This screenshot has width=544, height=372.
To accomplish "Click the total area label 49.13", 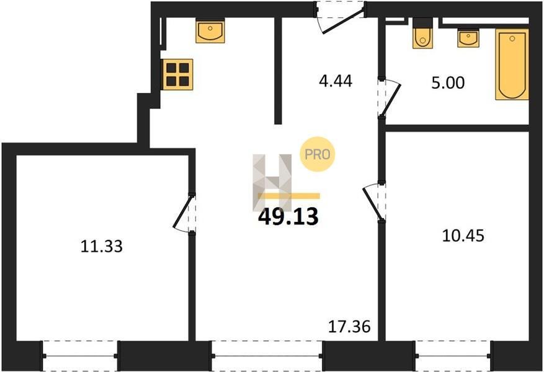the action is pyautogui.click(x=288, y=216).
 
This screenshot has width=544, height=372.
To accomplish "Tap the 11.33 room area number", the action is pyautogui.click(x=102, y=247).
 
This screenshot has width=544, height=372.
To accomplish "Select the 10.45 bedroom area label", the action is pyautogui.click(x=463, y=236).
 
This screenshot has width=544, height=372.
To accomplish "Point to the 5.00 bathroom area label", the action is pyautogui.click(x=448, y=83).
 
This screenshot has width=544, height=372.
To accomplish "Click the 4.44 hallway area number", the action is pyautogui.click(x=336, y=81).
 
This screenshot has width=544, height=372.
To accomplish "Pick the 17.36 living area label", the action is pyautogui.click(x=349, y=327).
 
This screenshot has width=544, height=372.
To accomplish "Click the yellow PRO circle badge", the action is pyautogui.click(x=317, y=154).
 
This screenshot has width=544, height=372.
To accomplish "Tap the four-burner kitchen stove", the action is pyautogui.click(x=177, y=74).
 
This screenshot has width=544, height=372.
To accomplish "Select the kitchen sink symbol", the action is pyautogui.click(x=210, y=31).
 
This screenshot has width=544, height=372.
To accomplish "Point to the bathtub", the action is pyautogui.click(x=512, y=64).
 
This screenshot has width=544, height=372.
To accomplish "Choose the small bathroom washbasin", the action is pyautogui.click(x=468, y=38).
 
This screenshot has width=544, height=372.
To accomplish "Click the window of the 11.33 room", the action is pyautogui.click(x=80, y=356).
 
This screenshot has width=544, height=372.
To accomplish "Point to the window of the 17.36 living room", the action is pyautogui.click(x=267, y=356).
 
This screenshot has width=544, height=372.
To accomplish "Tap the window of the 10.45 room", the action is pyautogui.click(x=453, y=356).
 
